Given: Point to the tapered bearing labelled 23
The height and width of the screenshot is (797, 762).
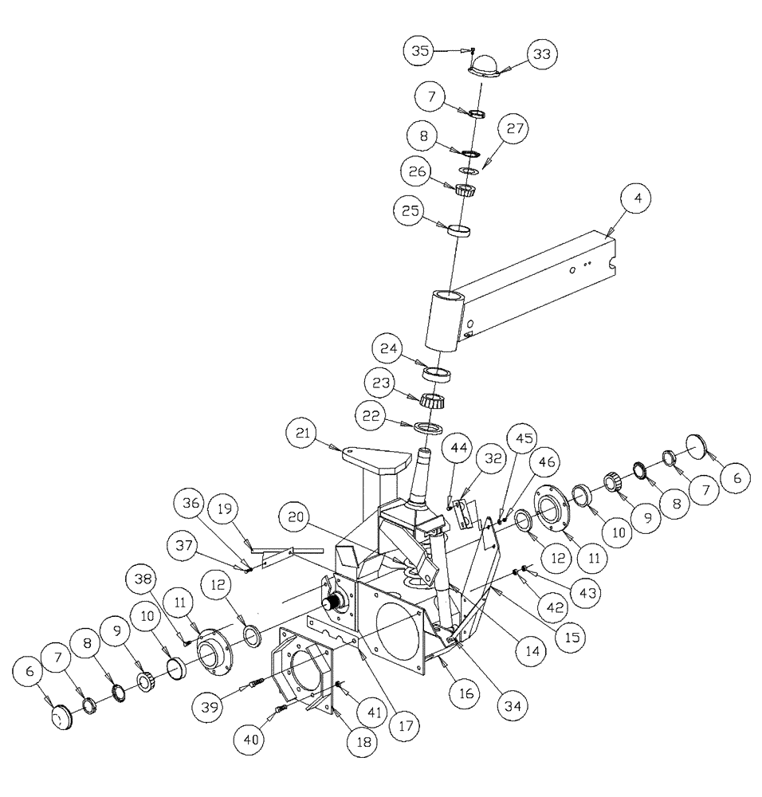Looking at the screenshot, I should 431,400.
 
